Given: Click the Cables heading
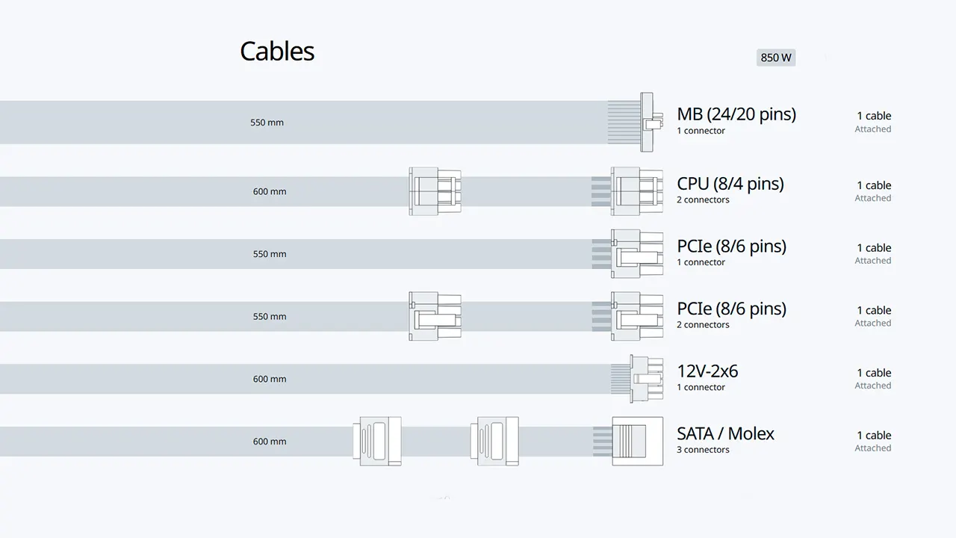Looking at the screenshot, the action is click(x=277, y=52).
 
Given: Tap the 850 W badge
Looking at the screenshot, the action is click(x=776, y=58).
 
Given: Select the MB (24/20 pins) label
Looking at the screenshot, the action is click(x=736, y=114).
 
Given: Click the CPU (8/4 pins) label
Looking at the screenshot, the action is click(x=730, y=184).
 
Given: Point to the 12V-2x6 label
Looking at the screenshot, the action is click(x=707, y=371).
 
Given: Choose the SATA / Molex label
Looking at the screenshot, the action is click(x=725, y=433).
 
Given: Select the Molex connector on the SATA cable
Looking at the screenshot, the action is click(x=638, y=441).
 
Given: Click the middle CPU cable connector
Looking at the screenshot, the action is click(x=435, y=191).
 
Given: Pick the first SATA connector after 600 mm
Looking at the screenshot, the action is click(x=377, y=441).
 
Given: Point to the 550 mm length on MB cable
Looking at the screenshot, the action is click(x=267, y=123).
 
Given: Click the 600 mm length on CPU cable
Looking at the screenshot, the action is click(x=270, y=192).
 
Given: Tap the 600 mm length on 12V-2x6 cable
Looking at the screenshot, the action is click(x=270, y=379).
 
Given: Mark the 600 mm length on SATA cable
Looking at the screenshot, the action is click(x=270, y=442).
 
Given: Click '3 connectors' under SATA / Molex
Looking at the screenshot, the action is click(x=703, y=450).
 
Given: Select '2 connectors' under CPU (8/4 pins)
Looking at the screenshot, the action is click(x=703, y=200).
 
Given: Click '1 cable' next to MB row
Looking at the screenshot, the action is click(x=874, y=116).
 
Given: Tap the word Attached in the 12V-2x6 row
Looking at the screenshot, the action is click(x=873, y=386).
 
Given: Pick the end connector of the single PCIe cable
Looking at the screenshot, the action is click(x=637, y=253).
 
